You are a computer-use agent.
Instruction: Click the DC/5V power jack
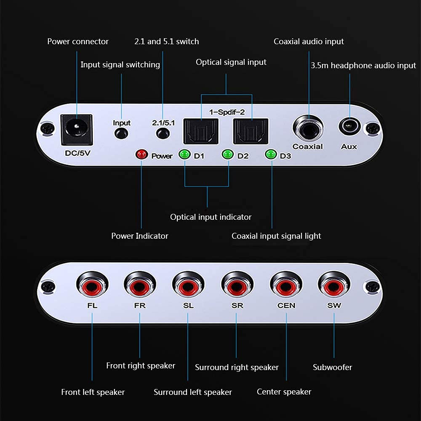(x=76, y=127)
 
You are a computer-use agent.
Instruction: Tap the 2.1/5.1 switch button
(x=162, y=134)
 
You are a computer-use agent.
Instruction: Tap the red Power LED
(x=141, y=155)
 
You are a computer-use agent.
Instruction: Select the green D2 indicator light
(x=228, y=155)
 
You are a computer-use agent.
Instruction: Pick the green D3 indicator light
(x=271, y=155)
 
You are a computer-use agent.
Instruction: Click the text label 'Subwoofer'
(x=332, y=367)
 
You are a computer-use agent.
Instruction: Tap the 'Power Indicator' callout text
(x=139, y=236)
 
